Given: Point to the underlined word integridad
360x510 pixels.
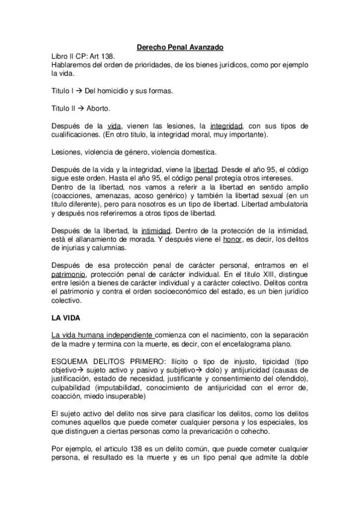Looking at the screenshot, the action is point(226,126).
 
